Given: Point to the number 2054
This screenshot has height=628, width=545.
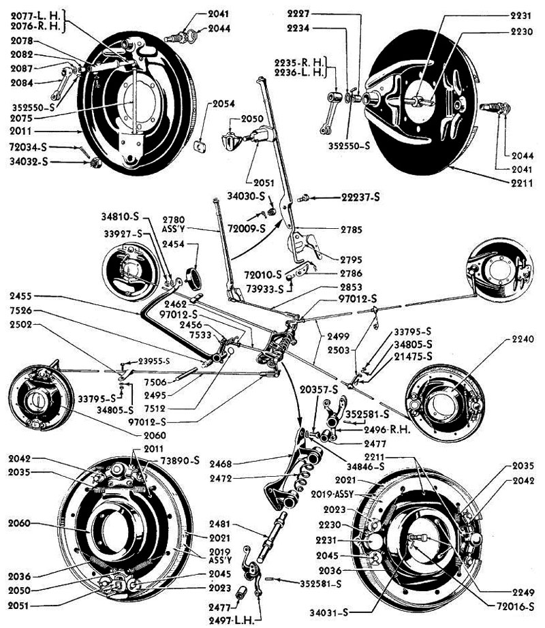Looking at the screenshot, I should click(x=223, y=104).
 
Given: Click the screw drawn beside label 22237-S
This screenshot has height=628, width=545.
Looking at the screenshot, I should click(x=306, y=198).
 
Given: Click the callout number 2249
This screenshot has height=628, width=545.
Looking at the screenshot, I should click(x=522, y=591).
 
